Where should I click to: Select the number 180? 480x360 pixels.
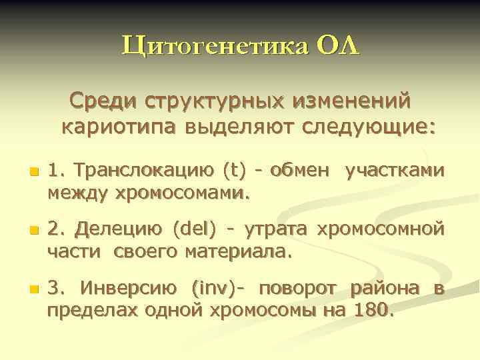376,311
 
